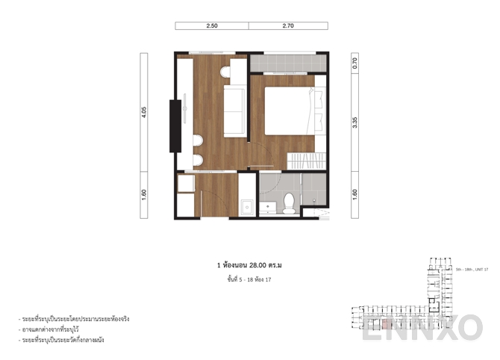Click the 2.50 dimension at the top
[212, 25]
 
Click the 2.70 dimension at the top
[288, 25]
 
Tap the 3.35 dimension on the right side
[355, 122]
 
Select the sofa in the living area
[235, 111]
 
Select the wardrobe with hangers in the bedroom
[308, 159]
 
